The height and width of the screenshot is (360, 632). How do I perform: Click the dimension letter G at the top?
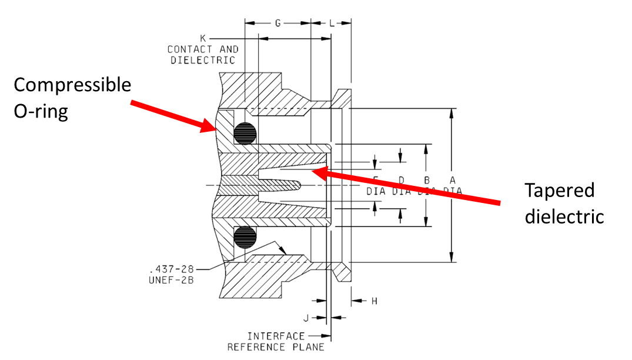277,23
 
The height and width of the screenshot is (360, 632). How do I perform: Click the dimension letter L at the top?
332,23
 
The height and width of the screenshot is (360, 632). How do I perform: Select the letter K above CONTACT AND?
203,38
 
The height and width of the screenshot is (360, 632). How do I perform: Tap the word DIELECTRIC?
203,60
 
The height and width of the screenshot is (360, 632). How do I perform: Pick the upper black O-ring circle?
245,133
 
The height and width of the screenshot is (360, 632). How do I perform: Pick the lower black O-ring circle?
245,238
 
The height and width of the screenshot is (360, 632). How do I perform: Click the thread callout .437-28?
171,269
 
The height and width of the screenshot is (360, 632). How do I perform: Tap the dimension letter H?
374,301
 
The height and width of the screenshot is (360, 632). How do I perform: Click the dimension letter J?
306,318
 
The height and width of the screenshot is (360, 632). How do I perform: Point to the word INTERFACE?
276,336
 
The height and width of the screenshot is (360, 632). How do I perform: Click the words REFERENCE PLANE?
276,347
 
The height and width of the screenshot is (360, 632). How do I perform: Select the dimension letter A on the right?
452,180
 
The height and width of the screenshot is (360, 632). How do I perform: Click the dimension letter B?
427,180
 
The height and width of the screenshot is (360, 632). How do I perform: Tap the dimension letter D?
402,180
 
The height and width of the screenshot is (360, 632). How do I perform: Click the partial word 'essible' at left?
106,85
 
